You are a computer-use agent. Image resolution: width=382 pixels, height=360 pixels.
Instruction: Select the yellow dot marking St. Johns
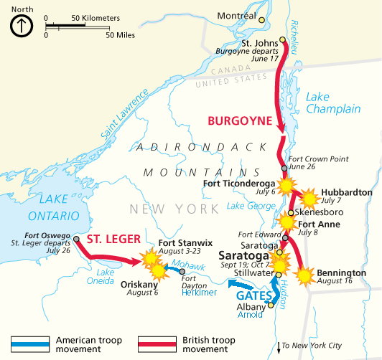click(x=283, y=40)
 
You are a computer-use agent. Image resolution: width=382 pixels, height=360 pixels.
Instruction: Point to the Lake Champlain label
click(x=332, y=103)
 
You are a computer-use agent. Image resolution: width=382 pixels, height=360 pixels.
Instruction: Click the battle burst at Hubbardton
click(x=309, y=198)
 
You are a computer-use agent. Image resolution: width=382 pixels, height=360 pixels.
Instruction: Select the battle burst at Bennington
click(x=305, y=274)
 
